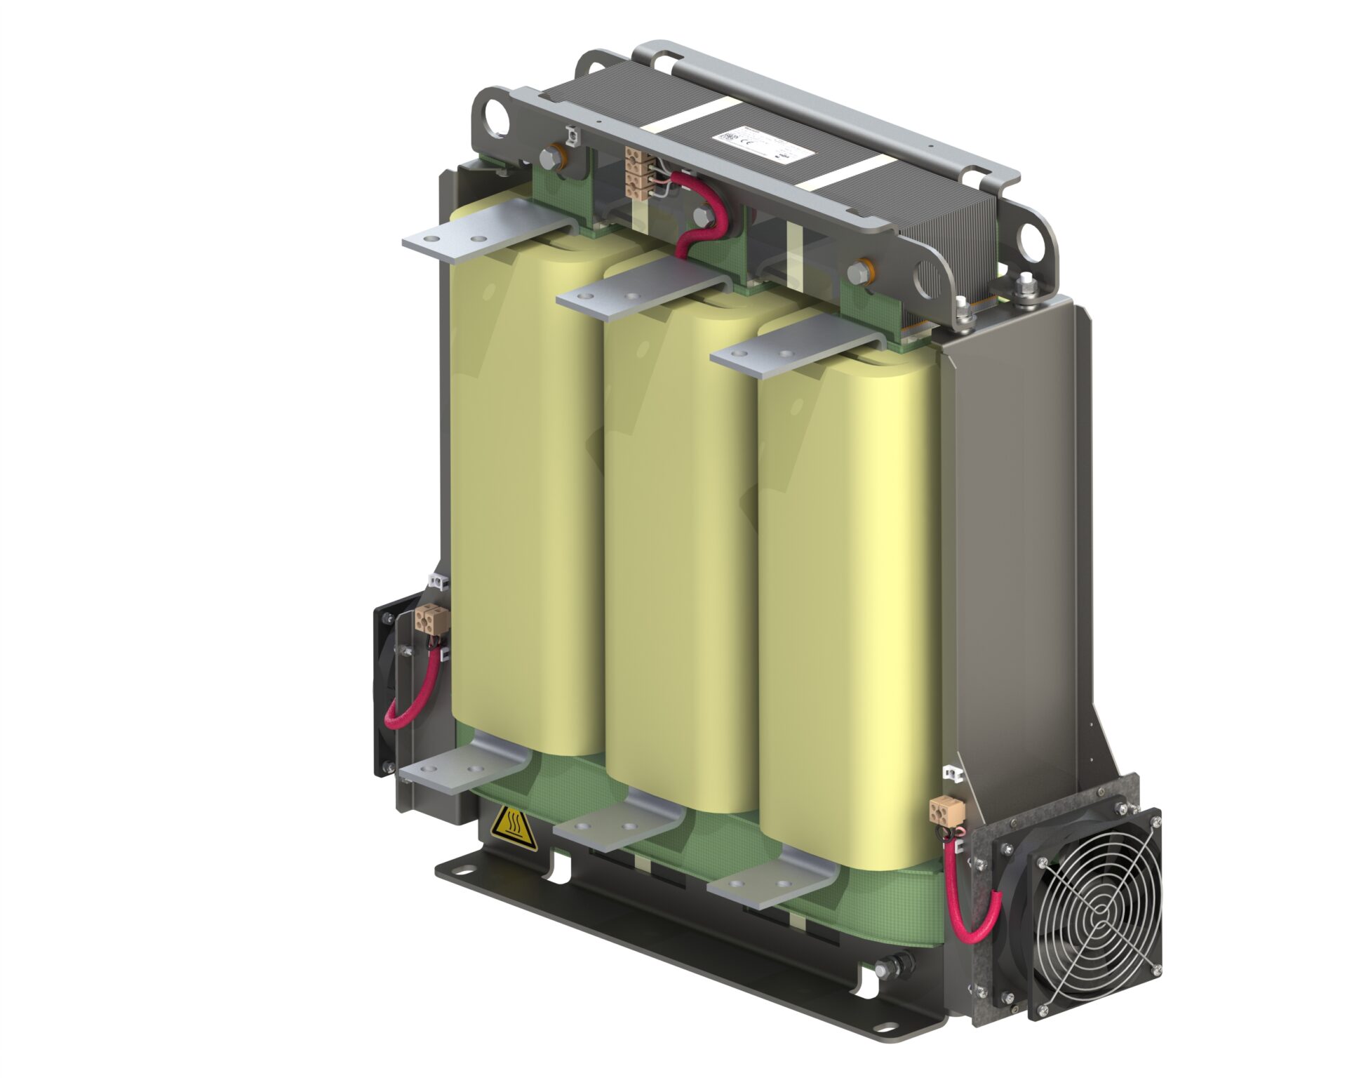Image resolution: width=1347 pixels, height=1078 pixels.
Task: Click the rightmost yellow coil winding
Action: [842, 604]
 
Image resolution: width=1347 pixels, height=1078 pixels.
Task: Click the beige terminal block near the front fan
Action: [940, 810]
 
